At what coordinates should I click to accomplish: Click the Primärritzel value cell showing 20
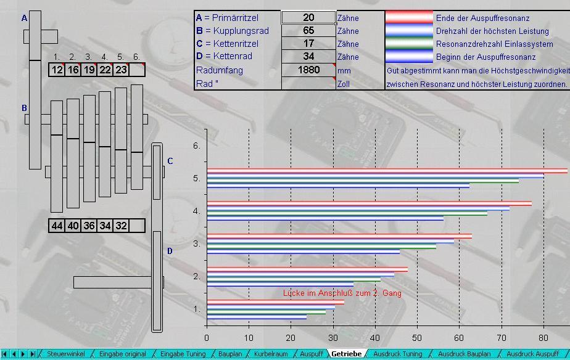coord(308,17)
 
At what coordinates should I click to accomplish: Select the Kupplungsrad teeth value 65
coord(308,31)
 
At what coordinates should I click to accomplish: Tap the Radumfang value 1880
coord(308,70)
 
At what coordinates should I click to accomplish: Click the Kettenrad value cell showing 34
coord(308,56)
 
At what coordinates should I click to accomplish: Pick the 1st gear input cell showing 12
coord(57,70)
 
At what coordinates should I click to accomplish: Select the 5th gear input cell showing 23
coord(121,70)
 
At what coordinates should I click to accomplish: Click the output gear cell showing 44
coord(57,226)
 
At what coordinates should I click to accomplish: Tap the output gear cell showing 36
coord(89,226)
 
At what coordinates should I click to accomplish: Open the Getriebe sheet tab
coord(347,354)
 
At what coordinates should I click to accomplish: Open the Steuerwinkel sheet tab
coord(66,354)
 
